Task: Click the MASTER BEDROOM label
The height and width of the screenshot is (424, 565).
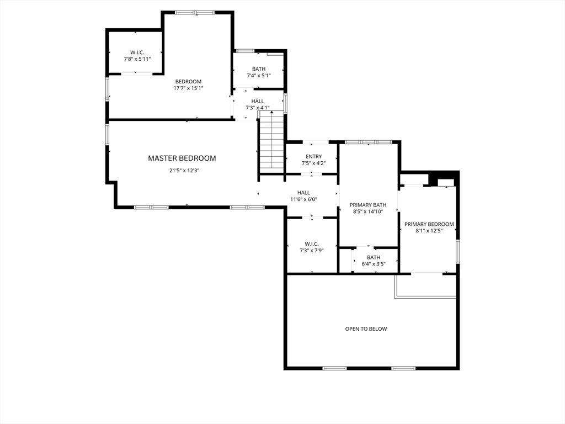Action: [x=182, y=158]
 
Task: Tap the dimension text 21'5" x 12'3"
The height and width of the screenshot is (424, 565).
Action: [x=184, y=171]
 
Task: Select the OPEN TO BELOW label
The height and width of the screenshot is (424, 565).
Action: [x=366, y=329]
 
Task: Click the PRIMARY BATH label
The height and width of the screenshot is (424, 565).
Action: [x=368, y=205]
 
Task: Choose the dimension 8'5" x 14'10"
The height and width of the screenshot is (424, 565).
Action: [x=368, y=211]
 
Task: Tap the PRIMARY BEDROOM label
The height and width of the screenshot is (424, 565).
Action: [x=429, y=224]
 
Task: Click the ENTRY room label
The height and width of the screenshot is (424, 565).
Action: [x=313, y=156]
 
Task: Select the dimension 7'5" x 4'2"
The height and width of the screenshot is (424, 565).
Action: [x=313, y=163]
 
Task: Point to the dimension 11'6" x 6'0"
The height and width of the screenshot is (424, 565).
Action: [x=303, y=199]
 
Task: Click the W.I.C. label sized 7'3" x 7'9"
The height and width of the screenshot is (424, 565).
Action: [x=312, y=244]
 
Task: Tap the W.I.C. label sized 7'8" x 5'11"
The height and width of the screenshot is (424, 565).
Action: [x=137, y=52]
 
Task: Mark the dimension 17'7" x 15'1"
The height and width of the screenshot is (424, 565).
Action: [x=188, y=88]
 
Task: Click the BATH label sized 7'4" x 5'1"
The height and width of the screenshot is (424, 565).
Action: [x=259, y=69]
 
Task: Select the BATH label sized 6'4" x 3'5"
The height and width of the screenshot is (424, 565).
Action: [x=374, y=257]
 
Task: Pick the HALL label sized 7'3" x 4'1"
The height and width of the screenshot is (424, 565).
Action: [x=258, y=102]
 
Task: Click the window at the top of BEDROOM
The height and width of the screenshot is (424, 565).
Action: [x=195, y=13]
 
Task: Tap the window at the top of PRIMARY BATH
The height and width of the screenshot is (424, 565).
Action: [x=368, y=142]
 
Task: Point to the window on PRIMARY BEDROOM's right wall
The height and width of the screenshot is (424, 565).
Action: [x=457, y=251]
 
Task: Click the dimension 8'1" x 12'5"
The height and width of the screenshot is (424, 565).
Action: [x=429, y=231]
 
